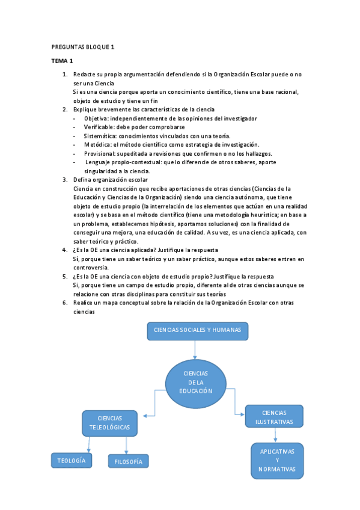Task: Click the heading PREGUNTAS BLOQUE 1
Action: tap(84, 47)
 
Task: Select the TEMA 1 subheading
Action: tap(62, 61)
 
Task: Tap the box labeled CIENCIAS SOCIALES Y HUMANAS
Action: tap(198, 331)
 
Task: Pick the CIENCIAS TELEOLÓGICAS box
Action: tap(109, 423)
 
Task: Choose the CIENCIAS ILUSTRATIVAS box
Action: tap(274, 417)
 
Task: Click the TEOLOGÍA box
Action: tap(72, 461)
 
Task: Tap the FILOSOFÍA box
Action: tap(128, 461)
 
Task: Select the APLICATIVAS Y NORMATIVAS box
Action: tap(277, 461)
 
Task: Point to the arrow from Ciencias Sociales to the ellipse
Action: tap(195, 349)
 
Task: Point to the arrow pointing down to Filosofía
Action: tap(127, 446)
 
